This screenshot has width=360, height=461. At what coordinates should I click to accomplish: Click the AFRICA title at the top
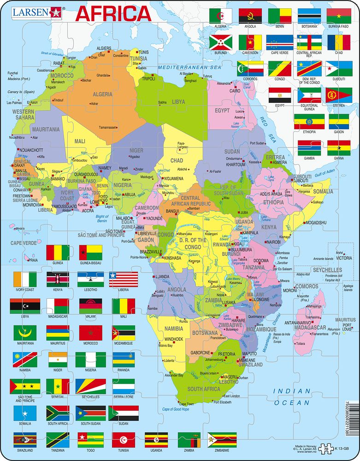tap(113, 13)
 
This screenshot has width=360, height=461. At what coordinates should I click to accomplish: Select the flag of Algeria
tap(221, 16)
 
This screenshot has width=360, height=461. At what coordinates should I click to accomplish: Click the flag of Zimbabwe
tap(222, 440)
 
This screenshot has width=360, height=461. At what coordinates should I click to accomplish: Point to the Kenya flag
tap(58, 279)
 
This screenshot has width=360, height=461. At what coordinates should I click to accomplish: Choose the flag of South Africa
tap(58, 413)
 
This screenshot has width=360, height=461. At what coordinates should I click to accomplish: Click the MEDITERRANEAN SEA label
tap(189, 67)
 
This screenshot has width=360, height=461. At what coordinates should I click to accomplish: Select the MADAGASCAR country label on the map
tap(310, 328)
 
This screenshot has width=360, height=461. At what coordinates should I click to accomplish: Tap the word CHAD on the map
tap(177, 160)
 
